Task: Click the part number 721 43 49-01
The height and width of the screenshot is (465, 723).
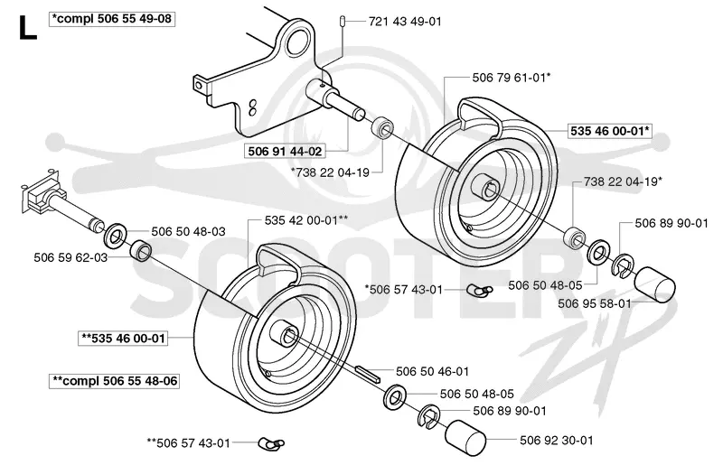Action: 405,21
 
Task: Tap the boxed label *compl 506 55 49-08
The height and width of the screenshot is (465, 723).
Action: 112,19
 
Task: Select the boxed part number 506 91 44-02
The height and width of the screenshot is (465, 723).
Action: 285,151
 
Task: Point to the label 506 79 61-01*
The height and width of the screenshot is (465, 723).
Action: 512,78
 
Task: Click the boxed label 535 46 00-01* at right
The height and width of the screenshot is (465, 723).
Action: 609,131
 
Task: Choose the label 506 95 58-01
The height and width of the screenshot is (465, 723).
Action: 595,303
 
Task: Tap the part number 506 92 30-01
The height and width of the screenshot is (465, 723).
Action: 557,440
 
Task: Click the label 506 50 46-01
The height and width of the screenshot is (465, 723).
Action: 433,371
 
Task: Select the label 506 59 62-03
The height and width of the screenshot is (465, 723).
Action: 70,257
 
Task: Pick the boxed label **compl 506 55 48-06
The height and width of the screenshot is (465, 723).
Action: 114,381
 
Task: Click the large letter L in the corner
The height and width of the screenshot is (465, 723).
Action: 28,28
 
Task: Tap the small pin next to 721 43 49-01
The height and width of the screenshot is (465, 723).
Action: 343,21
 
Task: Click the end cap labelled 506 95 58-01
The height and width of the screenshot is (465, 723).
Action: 654,284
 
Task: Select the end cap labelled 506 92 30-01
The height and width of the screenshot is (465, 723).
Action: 465,438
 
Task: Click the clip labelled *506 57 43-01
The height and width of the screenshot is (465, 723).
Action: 480,290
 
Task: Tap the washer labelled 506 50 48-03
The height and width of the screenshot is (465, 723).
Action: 116,235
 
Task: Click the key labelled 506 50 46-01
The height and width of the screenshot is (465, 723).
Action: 368,373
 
